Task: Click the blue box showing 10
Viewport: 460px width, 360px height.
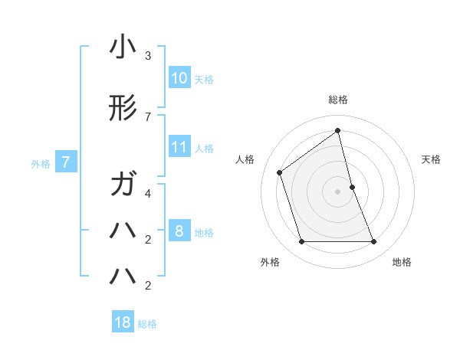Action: (x=179, y=78)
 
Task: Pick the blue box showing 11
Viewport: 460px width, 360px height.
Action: (x=179, y=148)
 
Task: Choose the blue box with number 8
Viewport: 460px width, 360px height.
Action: (x=179, y=232)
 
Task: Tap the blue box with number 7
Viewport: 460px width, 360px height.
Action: (x=66, y=162)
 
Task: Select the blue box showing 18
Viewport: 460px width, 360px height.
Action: (x=123, y=322)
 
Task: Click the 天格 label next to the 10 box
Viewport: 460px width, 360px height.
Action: (x=204, y=79)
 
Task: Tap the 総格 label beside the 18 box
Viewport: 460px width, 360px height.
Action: (x=147, y=323)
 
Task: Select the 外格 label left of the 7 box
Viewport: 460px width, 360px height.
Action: (x=41, y=163)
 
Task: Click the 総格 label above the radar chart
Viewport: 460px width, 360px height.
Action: (x=337, y=100)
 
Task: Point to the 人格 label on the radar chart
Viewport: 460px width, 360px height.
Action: (x=245, y=159)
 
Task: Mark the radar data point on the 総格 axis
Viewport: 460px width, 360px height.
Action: (x=337, y=130)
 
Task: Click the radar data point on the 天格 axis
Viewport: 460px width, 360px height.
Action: (x=352, y=186)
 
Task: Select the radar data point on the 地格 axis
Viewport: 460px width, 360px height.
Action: (x=373, y=242)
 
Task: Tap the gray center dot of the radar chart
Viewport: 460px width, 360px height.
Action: (x=337, y=191)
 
